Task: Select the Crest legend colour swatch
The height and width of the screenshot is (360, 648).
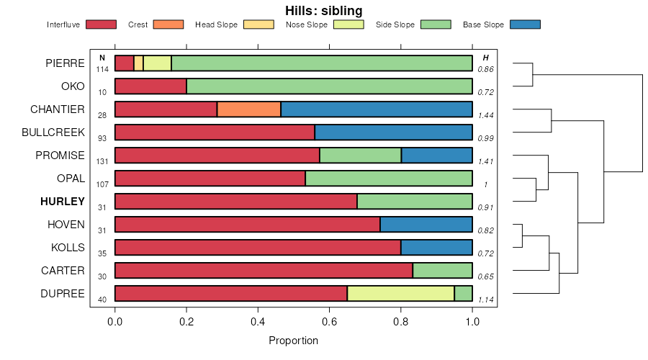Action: (x=168, y=24)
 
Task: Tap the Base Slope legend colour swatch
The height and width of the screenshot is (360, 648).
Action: (x=525, y=24)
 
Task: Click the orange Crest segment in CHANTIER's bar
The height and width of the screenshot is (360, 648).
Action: (x=249, y=109)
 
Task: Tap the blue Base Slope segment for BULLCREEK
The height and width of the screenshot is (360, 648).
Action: (x=393, y=132)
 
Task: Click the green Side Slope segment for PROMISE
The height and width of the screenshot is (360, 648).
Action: (x=360, y=156)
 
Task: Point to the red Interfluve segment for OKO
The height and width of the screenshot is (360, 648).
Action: (x=150, y=86)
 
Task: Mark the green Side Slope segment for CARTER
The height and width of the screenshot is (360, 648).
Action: (x=442, y=271)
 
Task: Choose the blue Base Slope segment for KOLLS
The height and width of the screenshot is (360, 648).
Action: (x=436, y=248)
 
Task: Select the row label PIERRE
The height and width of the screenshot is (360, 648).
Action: (x=65, y=63)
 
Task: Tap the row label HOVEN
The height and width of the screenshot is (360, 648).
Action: (x=66, y=225)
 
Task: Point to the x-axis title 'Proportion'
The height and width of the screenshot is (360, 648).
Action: (x=293, y=341)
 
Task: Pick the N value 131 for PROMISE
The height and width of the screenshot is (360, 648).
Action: (x=102, y=161)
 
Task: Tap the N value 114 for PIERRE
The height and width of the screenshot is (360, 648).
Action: (x=102, y=69)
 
